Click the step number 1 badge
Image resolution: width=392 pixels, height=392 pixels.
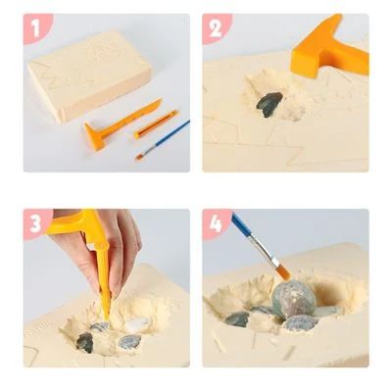(x=36, y=28)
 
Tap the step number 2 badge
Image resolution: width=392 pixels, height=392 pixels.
(x=216, y=28)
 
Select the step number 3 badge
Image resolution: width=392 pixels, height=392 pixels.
(x=36, y=223)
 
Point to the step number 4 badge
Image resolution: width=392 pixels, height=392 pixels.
(x=216, y=223)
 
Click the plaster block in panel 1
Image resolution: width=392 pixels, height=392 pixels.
(x=89, y=75)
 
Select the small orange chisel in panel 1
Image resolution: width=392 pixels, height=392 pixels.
(x=156, y=124)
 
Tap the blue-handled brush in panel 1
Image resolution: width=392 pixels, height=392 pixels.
(x=163, y=139)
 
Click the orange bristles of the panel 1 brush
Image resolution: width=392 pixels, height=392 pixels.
(x=139, y=157)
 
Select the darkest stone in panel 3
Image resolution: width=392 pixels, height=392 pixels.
(x=85, y=342)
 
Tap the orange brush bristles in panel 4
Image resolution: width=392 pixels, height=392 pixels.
(x=284, y=273)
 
